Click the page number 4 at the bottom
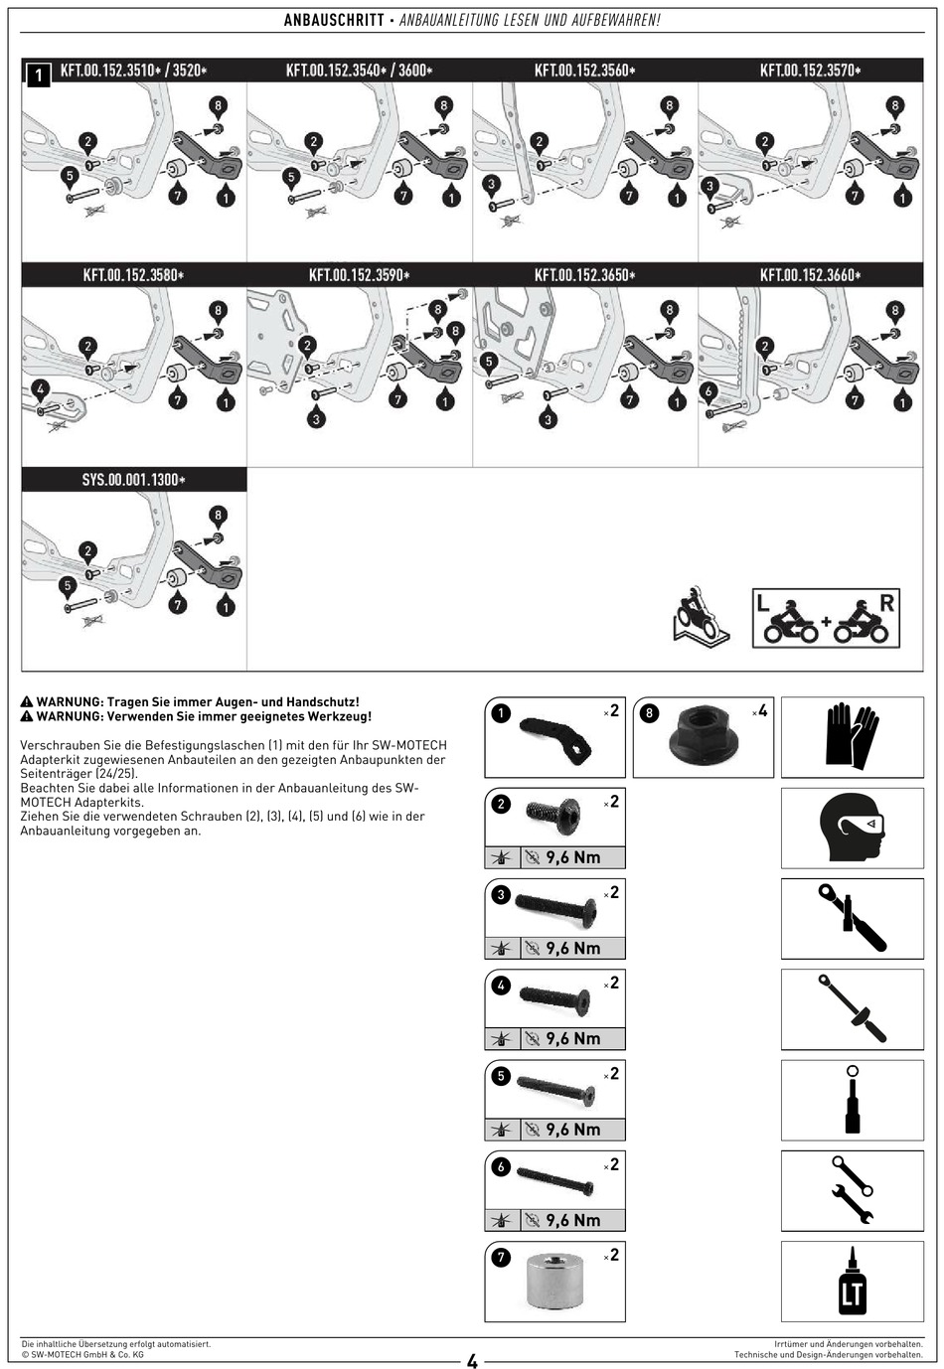click(x=472, y=1361)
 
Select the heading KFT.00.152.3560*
click(x=584, y=71)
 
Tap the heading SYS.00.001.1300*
click(x=133, y=480)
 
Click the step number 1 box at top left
click(x=38, y=75)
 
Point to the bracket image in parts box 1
click(x=555, y=739)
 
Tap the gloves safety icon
click(x=851, y=736)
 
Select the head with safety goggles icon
click(x=851, y=828)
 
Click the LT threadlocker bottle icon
click(x=852, y=1282)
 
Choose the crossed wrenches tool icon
click(x=852, y=1190)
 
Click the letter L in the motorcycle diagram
click(x=763, y=602)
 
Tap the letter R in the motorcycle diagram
click(x=886, y=601)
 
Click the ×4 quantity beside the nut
click(x=760, y=711)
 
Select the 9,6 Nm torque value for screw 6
click(x=572, y=1220)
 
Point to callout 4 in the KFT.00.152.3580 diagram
click(x=40, y=387)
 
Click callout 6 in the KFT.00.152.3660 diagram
click(x=708, y=391)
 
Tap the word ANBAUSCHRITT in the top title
click(x=334, y=20)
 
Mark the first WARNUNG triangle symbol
click(x=27, y=701)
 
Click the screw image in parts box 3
click(x=556, y=908)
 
